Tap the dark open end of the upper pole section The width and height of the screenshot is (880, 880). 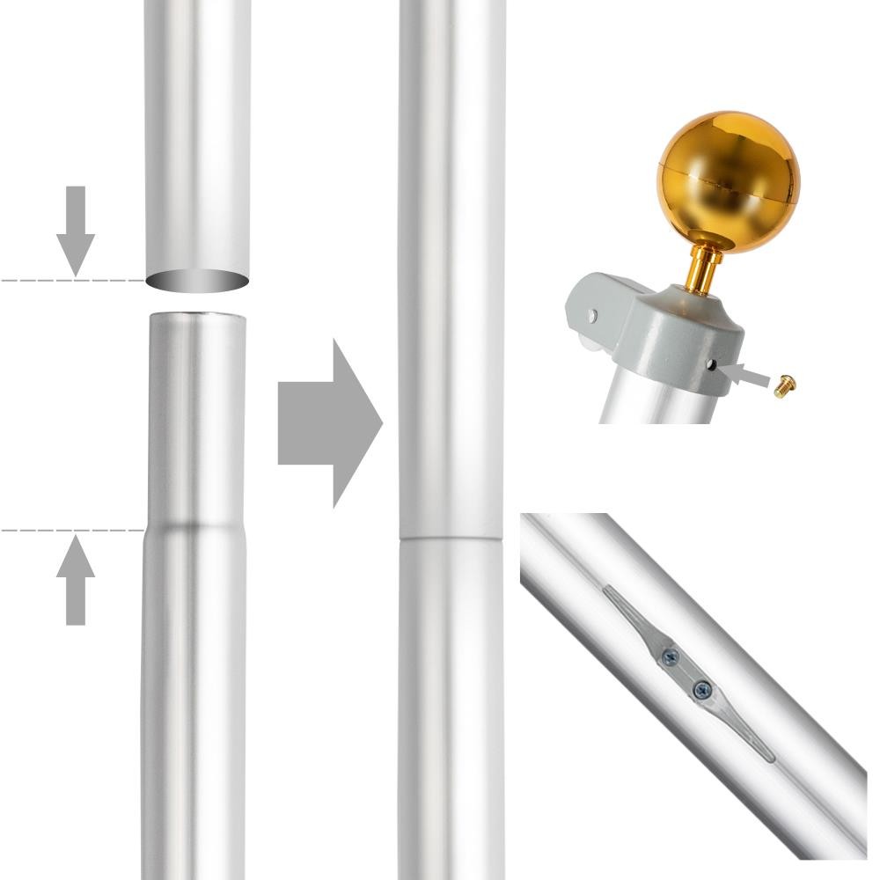197,282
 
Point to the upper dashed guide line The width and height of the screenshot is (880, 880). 53,280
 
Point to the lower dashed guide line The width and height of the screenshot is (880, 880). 53,531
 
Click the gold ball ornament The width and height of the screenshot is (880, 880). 728,180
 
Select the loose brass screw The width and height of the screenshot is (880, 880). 785,385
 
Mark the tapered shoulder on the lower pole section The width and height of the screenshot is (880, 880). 196,524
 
